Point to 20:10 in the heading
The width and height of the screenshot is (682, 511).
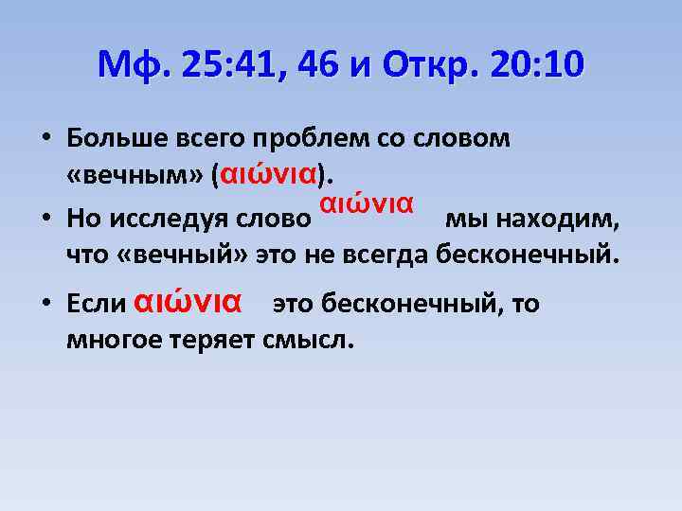click(x=538, y=65)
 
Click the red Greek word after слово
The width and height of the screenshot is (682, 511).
click(x=366, y=203)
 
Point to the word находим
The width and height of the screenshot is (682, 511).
click(x=567, y=220)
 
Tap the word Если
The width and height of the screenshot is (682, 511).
click(x=97, y=305)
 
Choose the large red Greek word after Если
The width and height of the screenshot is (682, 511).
click(x=188, y=302)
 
